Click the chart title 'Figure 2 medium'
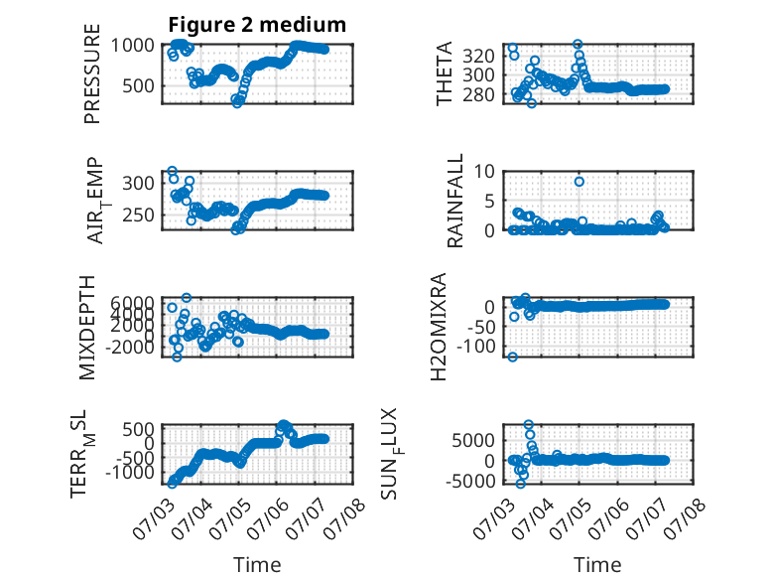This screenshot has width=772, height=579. pos(257,25)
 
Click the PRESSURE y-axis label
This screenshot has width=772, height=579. pos(92,73)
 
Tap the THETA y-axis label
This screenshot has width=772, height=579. pos(445,73)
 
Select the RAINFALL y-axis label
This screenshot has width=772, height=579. pos(454,201)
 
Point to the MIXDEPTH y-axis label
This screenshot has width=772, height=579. pos(87,328)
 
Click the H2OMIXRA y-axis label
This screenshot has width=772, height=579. pos(439,327)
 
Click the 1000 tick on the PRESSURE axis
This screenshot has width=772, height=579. pos(132,46)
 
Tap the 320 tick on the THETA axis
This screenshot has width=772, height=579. pos(478,56)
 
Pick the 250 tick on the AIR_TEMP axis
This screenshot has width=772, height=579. pos(138,215)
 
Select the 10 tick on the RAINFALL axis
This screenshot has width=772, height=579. pos(484,172)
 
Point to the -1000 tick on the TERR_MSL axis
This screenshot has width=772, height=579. pos(129,472)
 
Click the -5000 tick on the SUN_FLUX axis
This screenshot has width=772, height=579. pos(470,481)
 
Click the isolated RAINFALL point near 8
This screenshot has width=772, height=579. pos(579,182)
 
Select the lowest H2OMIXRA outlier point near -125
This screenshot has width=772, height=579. pos(513,357)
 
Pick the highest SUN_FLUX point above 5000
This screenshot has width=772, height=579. pos(528,424)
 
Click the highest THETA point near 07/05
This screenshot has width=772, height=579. pos(578,44)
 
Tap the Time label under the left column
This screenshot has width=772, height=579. pos(257,565)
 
